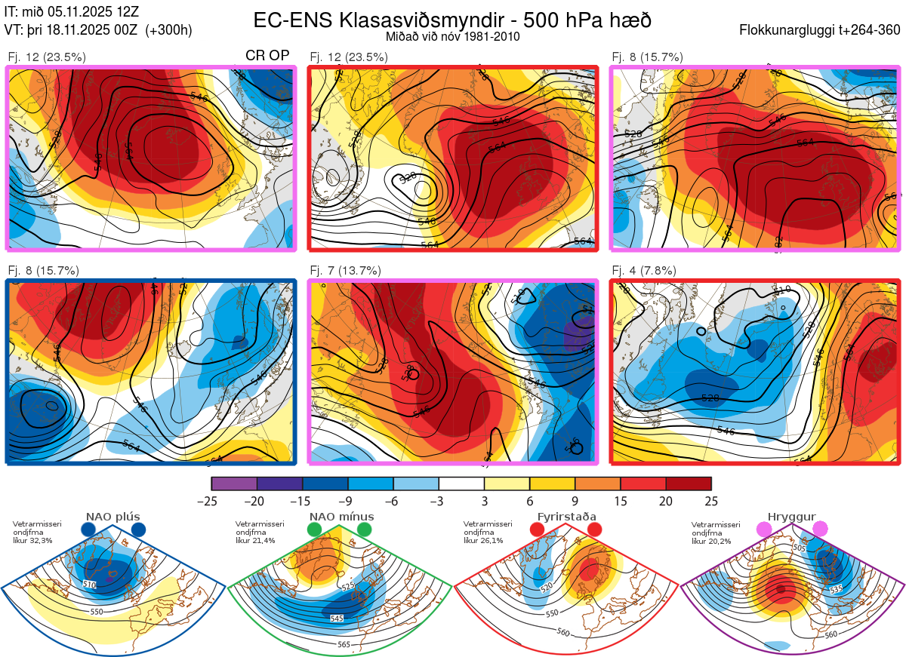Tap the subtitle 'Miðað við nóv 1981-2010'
pos(452,36)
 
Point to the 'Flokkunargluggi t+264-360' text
pos(821,30)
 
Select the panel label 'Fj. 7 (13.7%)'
pos(345,271)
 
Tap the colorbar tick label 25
pos(710,501)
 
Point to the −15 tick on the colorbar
pos(302,501)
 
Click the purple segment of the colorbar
pos(234,484)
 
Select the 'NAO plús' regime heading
pos(112,517)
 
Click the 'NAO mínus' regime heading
pos(341,517)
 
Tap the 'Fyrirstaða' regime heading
pos(566,517)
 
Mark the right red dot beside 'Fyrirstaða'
pos(594,530)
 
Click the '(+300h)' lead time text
pos(169,30)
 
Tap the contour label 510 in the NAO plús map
pos(89,585)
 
